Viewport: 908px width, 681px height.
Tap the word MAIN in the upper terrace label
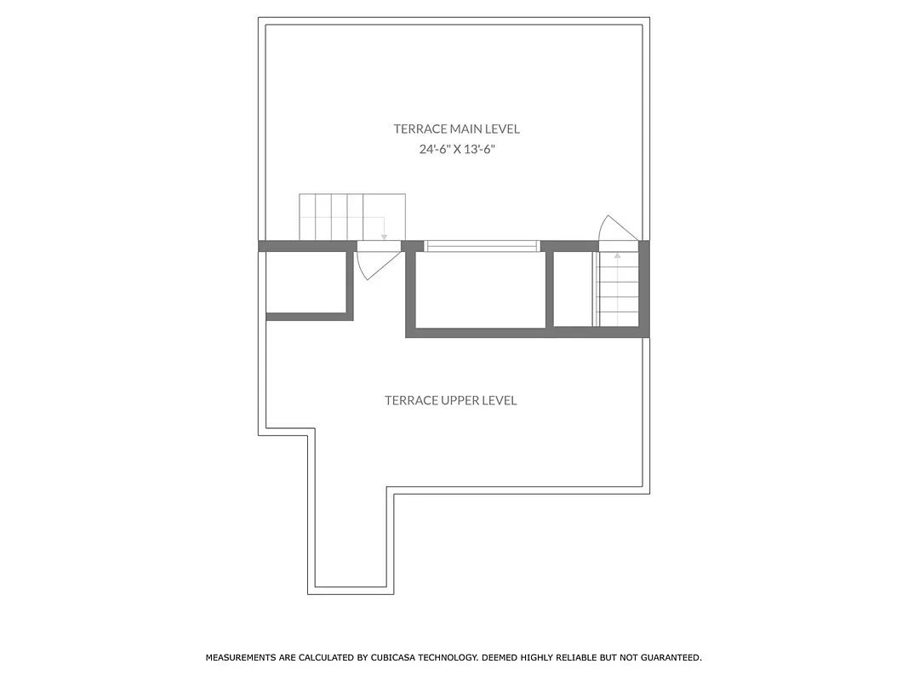click(466, 129)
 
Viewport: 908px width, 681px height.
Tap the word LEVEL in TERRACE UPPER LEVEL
click(500, 401)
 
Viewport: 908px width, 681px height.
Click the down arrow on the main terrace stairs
click(385, 232)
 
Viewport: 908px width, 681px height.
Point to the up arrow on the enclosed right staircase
click(617, 255)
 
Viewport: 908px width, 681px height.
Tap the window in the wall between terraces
click(482, 246)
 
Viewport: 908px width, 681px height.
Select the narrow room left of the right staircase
click(572, 289)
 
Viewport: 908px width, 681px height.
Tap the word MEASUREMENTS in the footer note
click(240, 658)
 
